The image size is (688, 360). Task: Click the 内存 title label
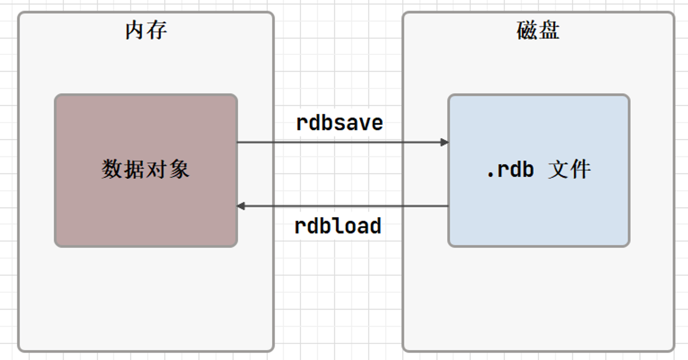pos(146,30)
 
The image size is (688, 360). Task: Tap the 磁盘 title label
pos(538,30)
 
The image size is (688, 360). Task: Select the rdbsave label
pos(340,123)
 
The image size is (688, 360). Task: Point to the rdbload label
pos(338,226)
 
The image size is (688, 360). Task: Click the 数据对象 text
pos(146,169)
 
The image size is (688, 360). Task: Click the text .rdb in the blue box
pos(510,170)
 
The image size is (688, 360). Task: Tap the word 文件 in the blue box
pos(570,169)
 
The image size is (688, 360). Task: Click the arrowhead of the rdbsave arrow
pos(444,142)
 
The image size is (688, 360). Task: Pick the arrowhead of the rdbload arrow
pos(240,206)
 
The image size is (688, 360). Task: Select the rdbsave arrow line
pos(343,142)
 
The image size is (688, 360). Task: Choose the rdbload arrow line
pos(343,206)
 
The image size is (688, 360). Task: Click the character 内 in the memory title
pos(135,30)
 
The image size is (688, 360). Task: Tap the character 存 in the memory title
pos(157,30)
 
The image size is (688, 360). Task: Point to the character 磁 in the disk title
pos(527,30)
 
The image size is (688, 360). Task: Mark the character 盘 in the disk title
pos(549,30)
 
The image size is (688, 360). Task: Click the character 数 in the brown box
pos(112,169)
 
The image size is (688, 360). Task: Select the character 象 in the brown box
pos(179,169)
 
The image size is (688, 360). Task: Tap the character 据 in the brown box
pos(135,169)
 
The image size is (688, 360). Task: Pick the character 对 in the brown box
pos(157,169)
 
